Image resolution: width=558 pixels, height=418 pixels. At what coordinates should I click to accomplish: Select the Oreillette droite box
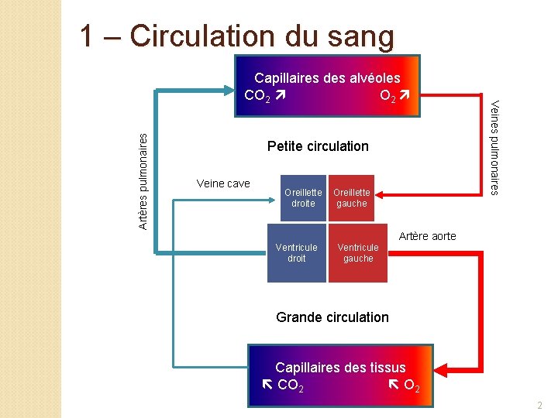point(303,197)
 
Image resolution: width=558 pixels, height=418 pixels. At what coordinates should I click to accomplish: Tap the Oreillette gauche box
point(351,197)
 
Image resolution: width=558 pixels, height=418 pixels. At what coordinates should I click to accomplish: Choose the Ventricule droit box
point(296,252)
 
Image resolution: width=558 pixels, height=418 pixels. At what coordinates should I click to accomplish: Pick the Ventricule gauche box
point(358,252)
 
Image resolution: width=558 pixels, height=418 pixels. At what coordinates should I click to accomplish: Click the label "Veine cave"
point(223,183)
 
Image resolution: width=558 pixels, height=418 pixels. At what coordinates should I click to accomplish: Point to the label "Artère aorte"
point(427,236)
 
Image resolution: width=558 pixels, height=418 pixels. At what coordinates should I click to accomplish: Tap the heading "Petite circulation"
point(318,146)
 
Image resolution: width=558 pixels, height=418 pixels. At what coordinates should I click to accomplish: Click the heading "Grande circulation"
point(332,317)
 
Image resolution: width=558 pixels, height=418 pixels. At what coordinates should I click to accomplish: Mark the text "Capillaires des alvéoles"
point(327,77)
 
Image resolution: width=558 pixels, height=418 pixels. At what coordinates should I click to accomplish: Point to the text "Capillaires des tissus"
point(340,367)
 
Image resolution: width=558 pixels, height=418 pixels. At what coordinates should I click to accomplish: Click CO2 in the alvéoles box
point(257,96)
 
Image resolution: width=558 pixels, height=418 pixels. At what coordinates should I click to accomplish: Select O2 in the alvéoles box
point(389,96)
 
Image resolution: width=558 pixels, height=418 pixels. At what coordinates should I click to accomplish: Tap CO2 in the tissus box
point(290,385)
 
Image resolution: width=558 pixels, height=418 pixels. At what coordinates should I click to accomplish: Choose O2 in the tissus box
point(412,385)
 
